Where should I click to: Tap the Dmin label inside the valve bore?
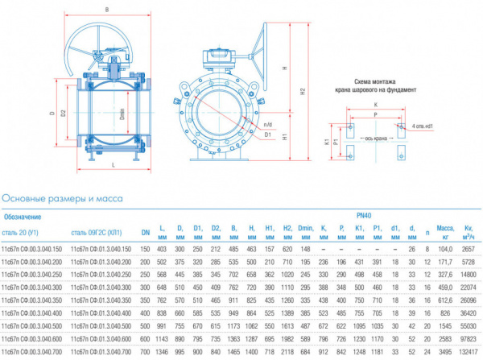click(122, 115)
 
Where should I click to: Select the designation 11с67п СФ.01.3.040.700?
click(101, 352)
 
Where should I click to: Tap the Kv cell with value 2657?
click(468, 250)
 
